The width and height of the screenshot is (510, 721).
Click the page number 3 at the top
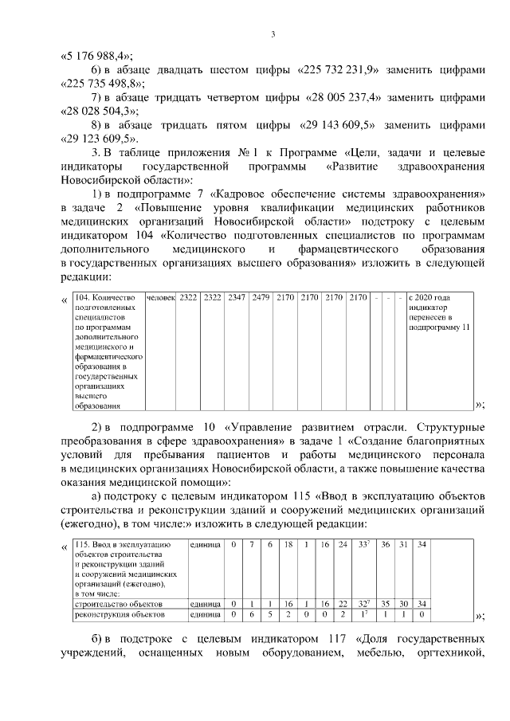(273, 33)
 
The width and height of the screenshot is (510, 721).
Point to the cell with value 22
(343, 604)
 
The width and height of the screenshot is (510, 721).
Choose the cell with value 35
(385, 604)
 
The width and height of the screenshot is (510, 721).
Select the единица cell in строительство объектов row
(205, 604)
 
